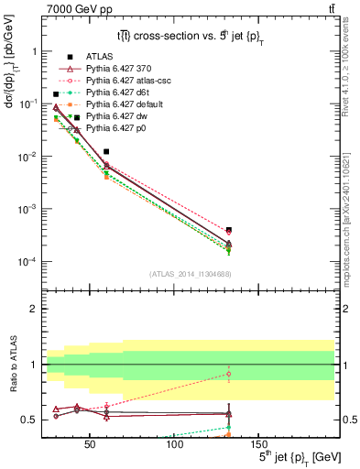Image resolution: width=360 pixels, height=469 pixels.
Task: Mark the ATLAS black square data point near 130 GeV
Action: coord(228,230)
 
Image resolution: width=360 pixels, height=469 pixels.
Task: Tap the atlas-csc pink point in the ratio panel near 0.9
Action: coord(228,374)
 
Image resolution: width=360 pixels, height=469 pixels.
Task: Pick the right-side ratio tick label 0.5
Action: coord(349,420)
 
